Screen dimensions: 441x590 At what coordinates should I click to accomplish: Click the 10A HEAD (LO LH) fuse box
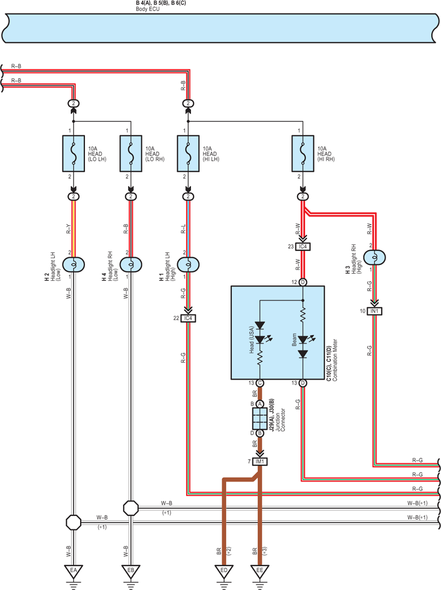point(73,153)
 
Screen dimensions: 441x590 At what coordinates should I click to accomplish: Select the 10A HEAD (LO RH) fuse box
point(131,153)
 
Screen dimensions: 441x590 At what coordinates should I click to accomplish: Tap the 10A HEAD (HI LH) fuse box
point(188,153)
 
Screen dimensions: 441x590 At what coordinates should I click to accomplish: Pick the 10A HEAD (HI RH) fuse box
point(303,153)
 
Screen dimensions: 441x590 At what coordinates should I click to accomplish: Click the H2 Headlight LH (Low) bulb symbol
point(73,264)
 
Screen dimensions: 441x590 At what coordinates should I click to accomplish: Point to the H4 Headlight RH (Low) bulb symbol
point(131,264)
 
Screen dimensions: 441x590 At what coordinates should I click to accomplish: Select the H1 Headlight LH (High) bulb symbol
point(188,264)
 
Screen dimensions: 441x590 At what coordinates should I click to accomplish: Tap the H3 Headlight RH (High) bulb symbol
point(374,257)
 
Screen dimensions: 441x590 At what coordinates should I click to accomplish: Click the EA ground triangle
point(73,571)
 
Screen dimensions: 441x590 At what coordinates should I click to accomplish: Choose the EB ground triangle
point(131,571)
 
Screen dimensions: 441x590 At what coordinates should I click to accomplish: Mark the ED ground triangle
point(224,571)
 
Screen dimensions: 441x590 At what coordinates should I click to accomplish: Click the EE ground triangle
point(259,571)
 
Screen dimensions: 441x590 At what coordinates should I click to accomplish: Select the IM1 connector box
point(259,461)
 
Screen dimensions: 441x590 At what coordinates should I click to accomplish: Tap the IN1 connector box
point(374,311)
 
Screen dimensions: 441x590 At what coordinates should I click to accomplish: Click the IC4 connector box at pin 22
point(188,318)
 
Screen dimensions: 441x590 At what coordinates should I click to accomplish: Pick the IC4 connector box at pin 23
point(303,247)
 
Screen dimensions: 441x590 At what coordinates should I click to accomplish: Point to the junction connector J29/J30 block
point(259,418)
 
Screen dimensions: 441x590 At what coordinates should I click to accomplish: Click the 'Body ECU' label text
point(147,9)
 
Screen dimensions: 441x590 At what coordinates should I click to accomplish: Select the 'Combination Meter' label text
point(335,360)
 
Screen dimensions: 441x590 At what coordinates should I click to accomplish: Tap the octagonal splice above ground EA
point(73,522)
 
